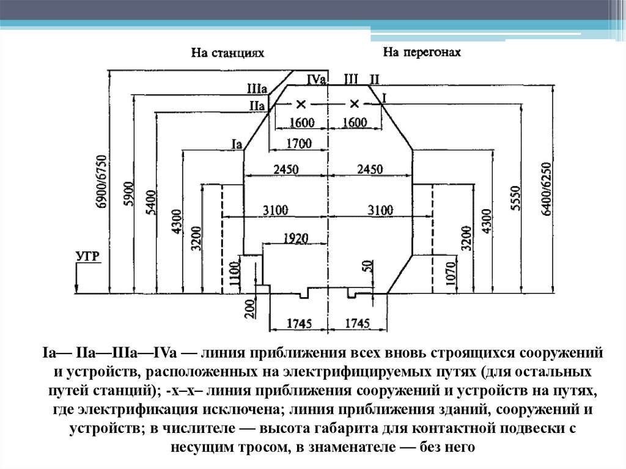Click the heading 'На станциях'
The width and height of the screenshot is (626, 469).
pyautogui.click(x=227, y=54)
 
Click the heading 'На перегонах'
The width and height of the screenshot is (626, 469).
pyautogui.click(x=421, y=53)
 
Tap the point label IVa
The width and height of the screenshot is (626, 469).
pyautogui.click(x=317, y=79)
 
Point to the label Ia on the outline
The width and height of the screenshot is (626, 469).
pyautogui.click(x=238, y=143)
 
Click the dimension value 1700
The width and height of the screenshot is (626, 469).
pyautogui.click(x=299, y=144)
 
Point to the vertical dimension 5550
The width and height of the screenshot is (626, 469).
pyautogui.click(x=515, y=197)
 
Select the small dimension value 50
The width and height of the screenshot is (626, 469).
pyautogui.click(x=366, y=267)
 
